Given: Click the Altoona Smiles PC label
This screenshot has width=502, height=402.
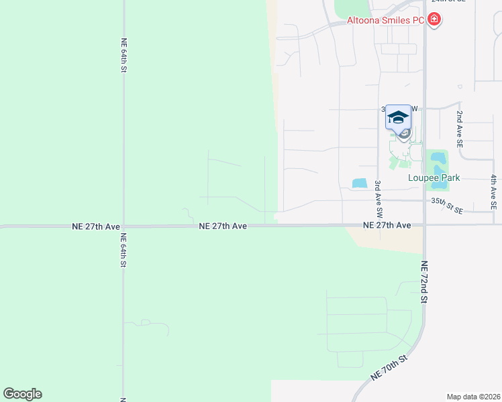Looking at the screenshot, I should click(385, 20).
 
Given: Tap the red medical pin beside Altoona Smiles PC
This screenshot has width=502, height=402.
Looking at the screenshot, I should click(434, 19).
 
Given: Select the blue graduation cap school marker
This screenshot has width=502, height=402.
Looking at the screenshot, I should click(398, 117).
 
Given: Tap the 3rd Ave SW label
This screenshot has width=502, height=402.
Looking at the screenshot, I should click(379, 198).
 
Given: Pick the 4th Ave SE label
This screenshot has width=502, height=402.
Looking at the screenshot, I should click(493, 193).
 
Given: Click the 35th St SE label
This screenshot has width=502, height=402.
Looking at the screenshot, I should click(448, 205).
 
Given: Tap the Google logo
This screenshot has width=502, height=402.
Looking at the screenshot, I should click(22, 394).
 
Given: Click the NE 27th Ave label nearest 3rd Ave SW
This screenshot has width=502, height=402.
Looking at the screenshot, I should click(387, 226).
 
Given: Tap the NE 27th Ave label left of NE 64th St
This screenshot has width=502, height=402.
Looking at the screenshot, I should click(96, 226).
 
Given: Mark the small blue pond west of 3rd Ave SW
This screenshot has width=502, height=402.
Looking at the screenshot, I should click(360, 183).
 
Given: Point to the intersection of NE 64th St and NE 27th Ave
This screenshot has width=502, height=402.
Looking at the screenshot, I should click(123, 226).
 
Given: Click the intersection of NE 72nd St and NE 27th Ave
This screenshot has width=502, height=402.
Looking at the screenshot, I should click(424, 225).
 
